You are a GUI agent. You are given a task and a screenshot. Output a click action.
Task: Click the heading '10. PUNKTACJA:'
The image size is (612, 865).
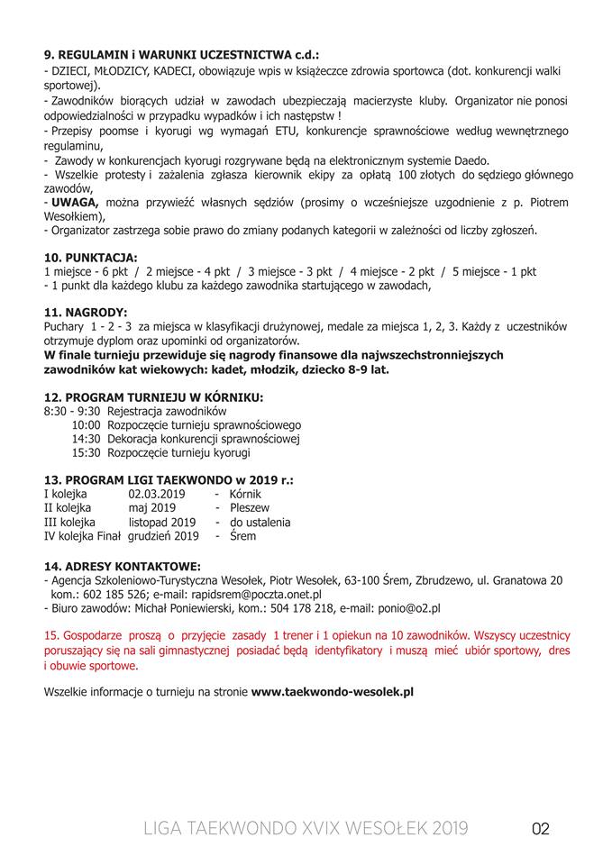(91, 256)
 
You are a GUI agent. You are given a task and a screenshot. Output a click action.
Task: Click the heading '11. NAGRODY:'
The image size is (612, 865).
(86, 312)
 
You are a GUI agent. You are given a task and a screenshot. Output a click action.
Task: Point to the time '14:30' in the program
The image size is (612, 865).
(86, 439)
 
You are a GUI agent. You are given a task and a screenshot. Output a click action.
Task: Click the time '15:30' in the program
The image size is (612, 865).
(86, 452)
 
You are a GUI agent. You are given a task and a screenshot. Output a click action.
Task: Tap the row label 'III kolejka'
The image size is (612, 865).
(70, 522)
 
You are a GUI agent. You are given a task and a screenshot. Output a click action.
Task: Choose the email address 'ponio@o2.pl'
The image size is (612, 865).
(410, 608)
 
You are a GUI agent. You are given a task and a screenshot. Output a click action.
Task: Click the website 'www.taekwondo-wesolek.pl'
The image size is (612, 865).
(332, 692)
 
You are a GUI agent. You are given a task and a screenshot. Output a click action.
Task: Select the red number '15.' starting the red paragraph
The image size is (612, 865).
(51, 636)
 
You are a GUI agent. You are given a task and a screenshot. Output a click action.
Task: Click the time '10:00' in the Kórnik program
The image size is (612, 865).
(86, 424)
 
